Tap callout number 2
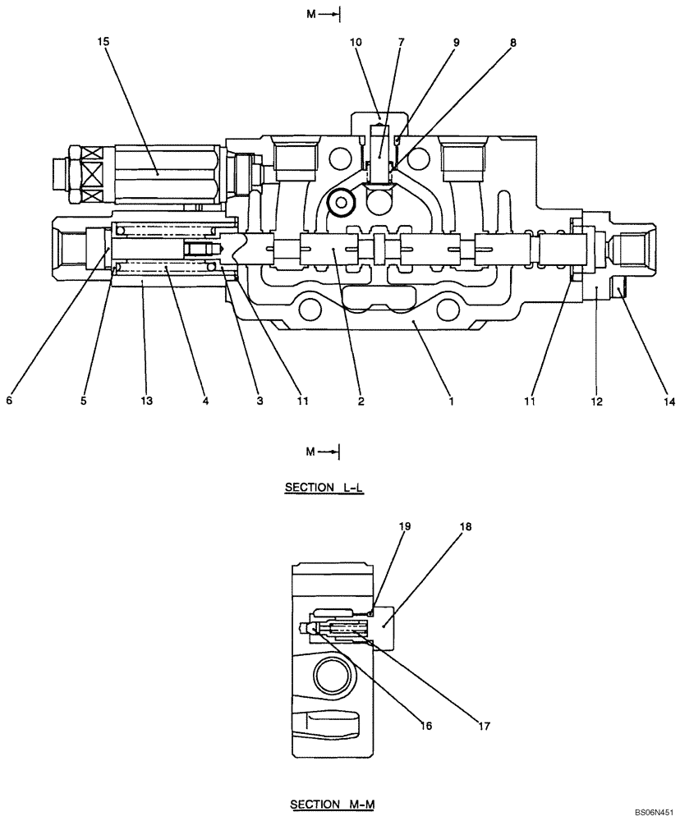[361, 401]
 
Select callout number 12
[596, 401]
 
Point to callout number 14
[668, 401]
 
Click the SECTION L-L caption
[324, 488]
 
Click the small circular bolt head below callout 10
[339, 200]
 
